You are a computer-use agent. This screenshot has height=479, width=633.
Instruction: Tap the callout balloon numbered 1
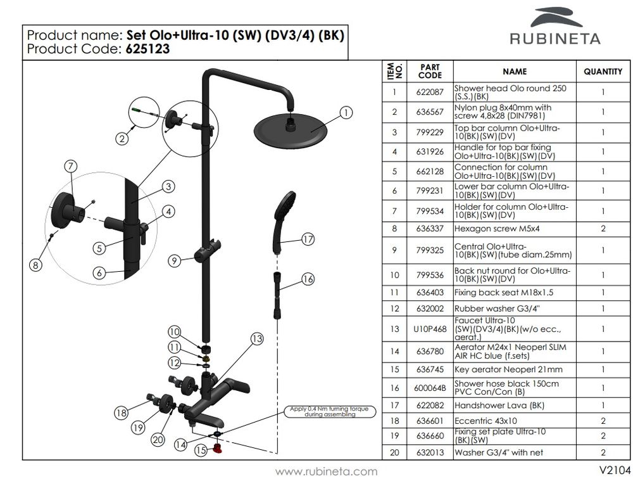click(346, 113)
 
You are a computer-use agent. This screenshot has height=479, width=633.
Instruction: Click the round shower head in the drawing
click(290, 129)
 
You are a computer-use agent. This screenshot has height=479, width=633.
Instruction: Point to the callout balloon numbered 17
click(308, 239)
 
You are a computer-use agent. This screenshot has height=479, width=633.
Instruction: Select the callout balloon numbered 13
click(256, 339)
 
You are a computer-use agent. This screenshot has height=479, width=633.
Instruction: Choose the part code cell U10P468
click(430, 329)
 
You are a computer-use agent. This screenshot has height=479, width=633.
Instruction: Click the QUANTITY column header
click(603, 72)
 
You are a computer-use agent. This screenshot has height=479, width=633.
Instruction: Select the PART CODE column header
click(430, 71)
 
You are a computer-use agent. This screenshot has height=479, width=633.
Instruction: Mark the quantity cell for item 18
click(603, 419)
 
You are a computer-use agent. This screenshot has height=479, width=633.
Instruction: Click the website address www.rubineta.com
click(327, 471)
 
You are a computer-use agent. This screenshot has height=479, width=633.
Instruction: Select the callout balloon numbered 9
click(175, 260)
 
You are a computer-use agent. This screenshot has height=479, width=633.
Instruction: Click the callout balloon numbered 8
click(37, 265)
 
